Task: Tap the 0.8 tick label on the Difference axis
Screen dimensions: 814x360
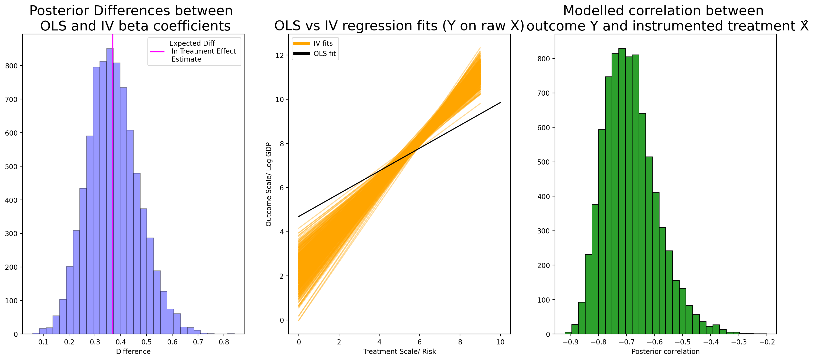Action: [x=224, y=342]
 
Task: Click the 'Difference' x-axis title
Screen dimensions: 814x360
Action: [x=133, y=351]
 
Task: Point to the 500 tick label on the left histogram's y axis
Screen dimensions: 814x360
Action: [x=11, y=166]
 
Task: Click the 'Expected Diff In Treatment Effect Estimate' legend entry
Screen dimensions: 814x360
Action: [x=193, y=51]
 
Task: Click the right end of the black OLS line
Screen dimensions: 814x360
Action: [x=500, y=102]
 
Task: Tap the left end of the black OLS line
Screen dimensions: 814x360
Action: [x=298, y=216]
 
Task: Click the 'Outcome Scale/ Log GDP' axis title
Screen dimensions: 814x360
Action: [x=269, y=184]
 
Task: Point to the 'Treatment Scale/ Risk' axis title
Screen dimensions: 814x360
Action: [x=399, y=351]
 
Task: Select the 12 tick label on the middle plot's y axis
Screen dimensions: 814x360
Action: [x=280, y=55]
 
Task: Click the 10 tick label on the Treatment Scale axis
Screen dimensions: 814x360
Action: [x=500, y=342]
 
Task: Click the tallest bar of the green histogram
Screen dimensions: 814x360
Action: [x=622, y=191]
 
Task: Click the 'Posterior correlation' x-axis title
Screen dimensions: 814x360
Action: [x=666, y=351]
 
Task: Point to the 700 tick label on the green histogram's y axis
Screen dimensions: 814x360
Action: [x=543, y=93]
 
